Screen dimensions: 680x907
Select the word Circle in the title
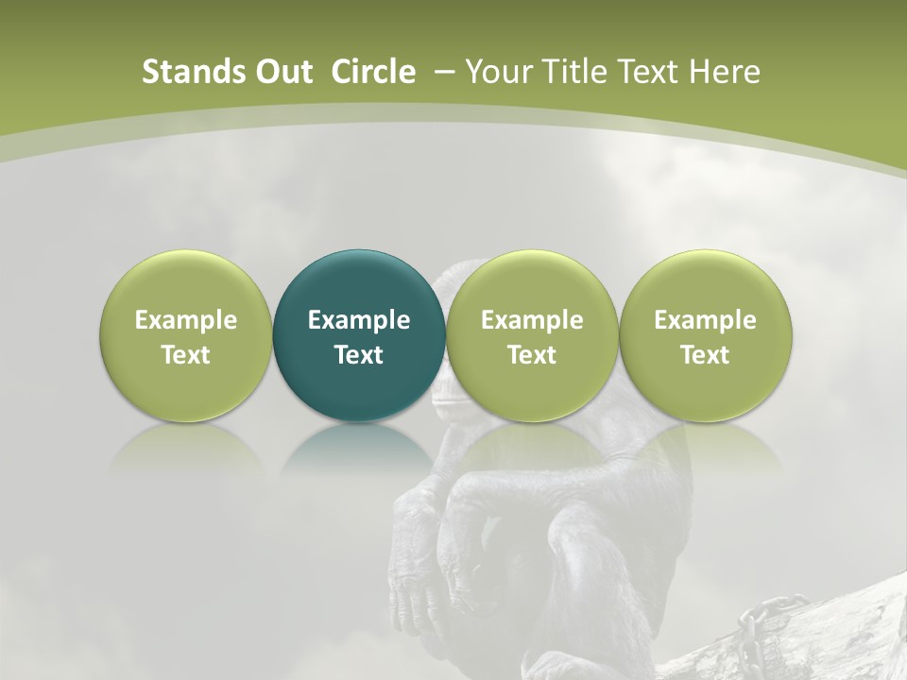click(x=373, y=72)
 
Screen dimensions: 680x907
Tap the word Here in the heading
click(x=725, y=72)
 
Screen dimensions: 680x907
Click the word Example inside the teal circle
click(x=359, y=320)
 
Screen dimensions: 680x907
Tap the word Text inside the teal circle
click(x=359, y=355)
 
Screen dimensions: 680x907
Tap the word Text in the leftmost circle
click(x=186, y=355)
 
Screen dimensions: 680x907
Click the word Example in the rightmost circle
click(x=706, y=320)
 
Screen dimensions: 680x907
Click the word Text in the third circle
click(x=532, y=355)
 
